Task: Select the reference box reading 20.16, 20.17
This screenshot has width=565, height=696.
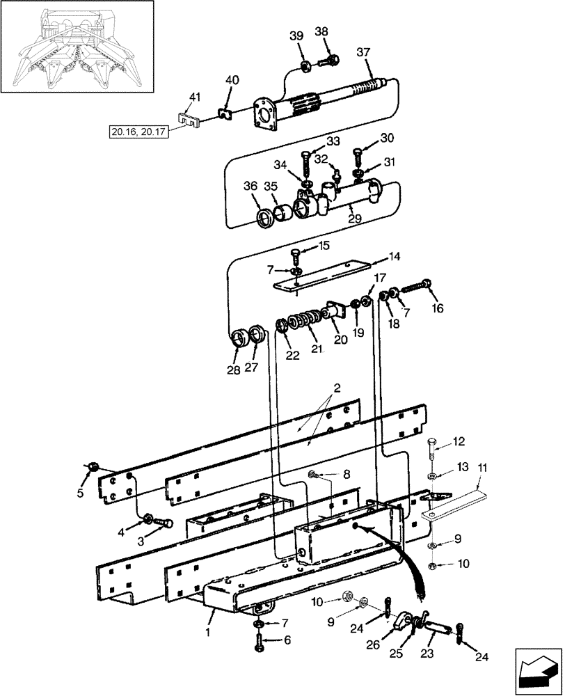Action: pos(139,131)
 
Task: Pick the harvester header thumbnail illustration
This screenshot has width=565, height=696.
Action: pos(77,46)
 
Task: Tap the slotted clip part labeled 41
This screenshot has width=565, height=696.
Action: pos(187,120)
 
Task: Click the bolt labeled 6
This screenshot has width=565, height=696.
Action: pos(260,642)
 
